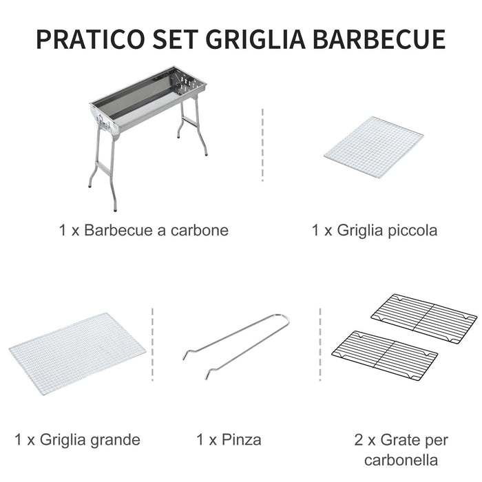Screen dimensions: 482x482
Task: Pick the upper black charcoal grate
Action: (x=423, y=319)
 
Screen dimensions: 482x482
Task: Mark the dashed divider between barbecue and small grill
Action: (x=262, y=145)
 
